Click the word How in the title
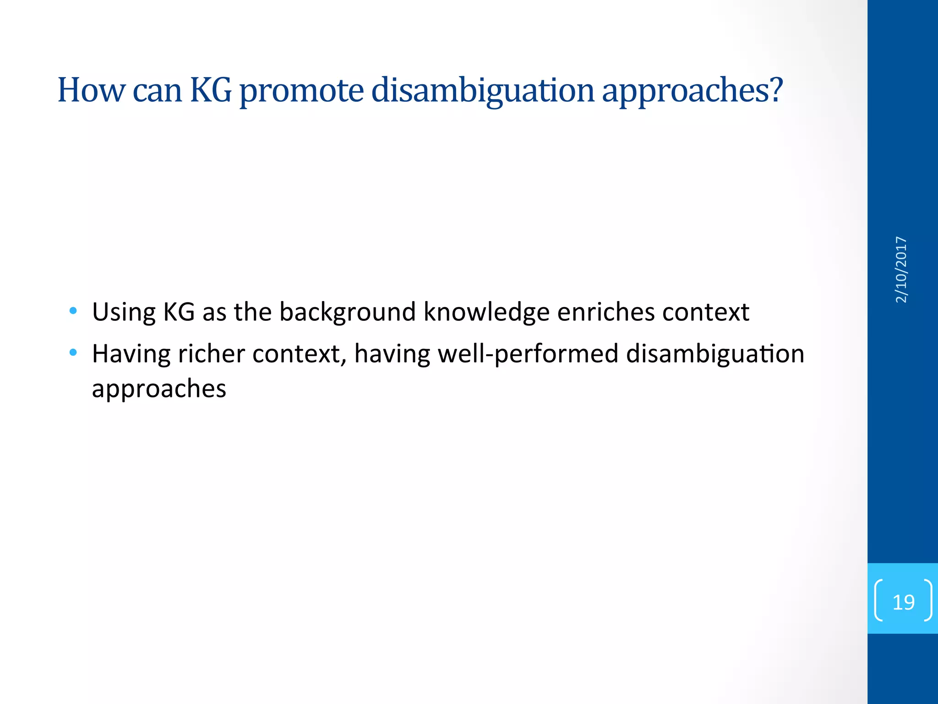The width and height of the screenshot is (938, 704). [91, 90]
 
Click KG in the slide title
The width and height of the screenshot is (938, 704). [211, 90]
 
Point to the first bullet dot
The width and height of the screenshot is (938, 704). [73, 311]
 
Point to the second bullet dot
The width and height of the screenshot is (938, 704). [73, 352]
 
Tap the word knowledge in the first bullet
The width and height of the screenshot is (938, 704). [486, 313]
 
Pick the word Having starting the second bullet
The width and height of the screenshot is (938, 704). [131, 354]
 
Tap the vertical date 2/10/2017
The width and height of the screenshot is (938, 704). [901, 269]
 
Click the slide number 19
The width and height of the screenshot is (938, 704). [903, 602]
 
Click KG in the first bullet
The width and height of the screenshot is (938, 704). [179, 312]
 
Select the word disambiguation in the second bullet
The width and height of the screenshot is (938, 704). [714, 354]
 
